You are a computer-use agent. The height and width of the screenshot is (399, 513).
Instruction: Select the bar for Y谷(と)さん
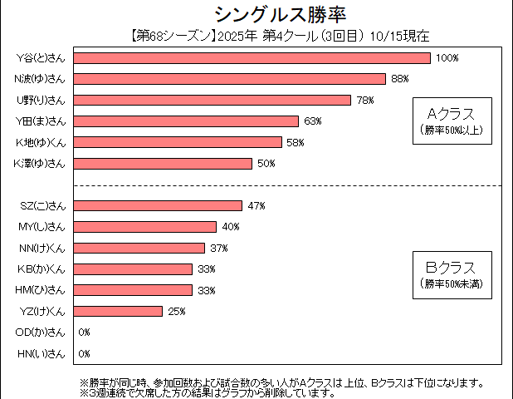pos(252,58)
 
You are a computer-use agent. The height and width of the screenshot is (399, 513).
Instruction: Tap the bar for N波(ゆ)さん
pos(230,79)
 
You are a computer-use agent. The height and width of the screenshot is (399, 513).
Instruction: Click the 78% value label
pos(365,101)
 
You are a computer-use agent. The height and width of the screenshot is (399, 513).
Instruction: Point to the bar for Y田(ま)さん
pos(187,121)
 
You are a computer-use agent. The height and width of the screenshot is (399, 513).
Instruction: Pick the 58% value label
pos(296,143)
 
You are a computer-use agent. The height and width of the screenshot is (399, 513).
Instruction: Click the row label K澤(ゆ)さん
pos(40,164)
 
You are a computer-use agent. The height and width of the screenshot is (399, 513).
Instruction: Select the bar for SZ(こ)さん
pos(159,205)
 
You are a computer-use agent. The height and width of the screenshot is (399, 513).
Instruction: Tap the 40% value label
pos(230,227)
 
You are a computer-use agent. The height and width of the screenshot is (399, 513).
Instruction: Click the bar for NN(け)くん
pos(139,248)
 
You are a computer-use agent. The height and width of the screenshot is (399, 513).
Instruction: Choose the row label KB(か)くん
pos(41,269)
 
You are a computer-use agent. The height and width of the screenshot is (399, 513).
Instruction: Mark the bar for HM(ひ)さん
pos(134,290)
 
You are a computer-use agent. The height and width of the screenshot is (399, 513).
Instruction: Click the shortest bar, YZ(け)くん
pos(119,311)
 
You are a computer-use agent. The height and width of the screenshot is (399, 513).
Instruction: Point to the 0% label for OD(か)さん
pos(84,332)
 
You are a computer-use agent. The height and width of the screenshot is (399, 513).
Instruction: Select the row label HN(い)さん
pos(41,353)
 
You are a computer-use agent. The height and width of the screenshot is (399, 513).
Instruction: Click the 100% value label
pos(447,58)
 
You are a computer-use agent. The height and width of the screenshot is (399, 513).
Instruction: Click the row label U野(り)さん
pos(41,101)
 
